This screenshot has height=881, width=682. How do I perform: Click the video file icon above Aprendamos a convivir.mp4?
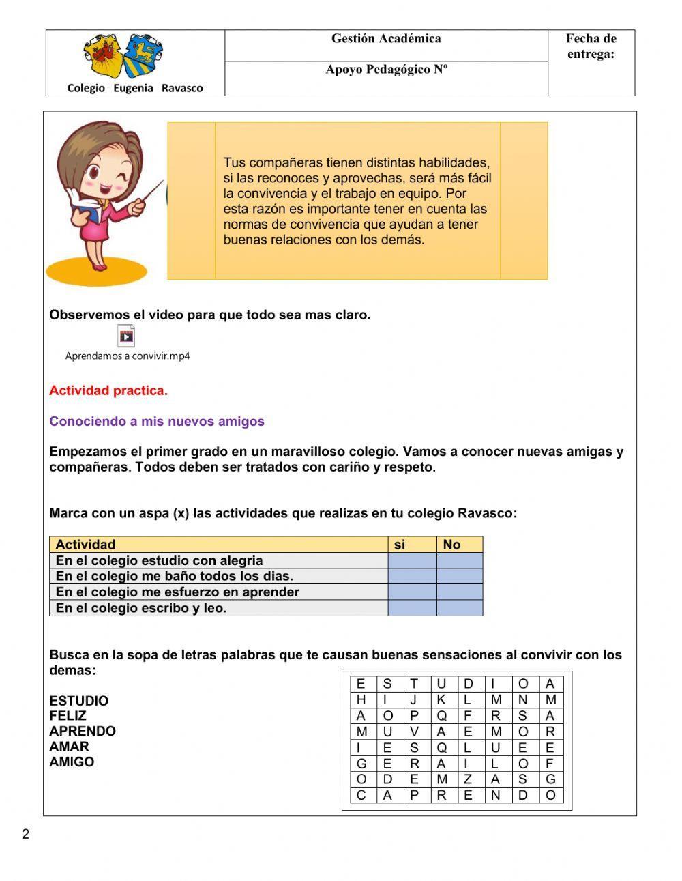tap(126, 336)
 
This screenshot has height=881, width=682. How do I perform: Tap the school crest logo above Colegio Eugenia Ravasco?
tap(123, 57)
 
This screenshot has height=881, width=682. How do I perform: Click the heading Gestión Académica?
tap(386, 39)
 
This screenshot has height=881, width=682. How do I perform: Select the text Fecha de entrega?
tap(591, 46)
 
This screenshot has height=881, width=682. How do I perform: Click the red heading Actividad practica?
tap(108, 391)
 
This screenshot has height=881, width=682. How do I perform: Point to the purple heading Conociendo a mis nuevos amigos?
tap(157, 421)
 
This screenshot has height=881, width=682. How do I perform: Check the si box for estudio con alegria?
tap(412, 560)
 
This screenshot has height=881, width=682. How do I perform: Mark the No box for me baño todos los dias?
tap(460, 576)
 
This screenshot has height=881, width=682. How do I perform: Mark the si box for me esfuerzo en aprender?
tap(412, 592)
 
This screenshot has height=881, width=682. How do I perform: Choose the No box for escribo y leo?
tap(460, 608)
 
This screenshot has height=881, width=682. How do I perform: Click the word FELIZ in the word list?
tap(68, 716)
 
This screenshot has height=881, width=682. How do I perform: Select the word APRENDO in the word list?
tap(83, 731)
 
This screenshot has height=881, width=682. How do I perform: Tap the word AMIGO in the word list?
tap(72, 762)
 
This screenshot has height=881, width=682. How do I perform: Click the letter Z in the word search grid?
tap(469, 779)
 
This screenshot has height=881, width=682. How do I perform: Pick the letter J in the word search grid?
tap(414, 699)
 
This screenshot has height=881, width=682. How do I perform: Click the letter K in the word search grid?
tap(441, 699)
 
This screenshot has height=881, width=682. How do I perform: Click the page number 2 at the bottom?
tap(26, 834)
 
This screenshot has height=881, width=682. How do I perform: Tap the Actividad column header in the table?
tap(85, 545)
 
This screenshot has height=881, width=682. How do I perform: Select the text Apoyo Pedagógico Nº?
tap(386, 70)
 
